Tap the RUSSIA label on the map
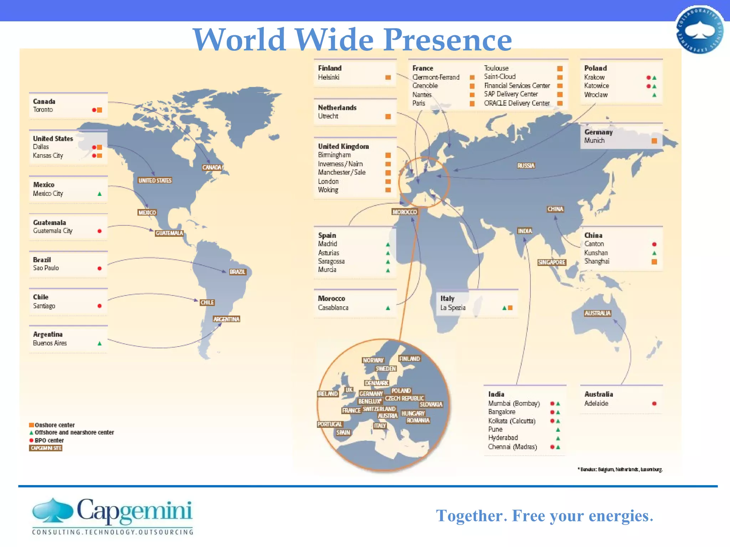coord(526,166)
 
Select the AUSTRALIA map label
coord(597,313)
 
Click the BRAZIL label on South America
coord(237,272)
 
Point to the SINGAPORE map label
coord(551,262)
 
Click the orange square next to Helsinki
coord(388,77)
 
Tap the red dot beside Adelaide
coord(654,403)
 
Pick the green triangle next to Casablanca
coord(388,308)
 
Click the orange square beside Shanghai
coord(654,262)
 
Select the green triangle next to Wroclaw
coord(654,95)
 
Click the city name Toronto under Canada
coord(43,110)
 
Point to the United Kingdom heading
coord(343,146)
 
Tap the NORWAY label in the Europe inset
coord(373,360)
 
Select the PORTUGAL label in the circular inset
coord(330,424)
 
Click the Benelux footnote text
coord(620,469)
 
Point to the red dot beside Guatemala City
coord(99,231)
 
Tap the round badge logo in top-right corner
coord(700,30)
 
